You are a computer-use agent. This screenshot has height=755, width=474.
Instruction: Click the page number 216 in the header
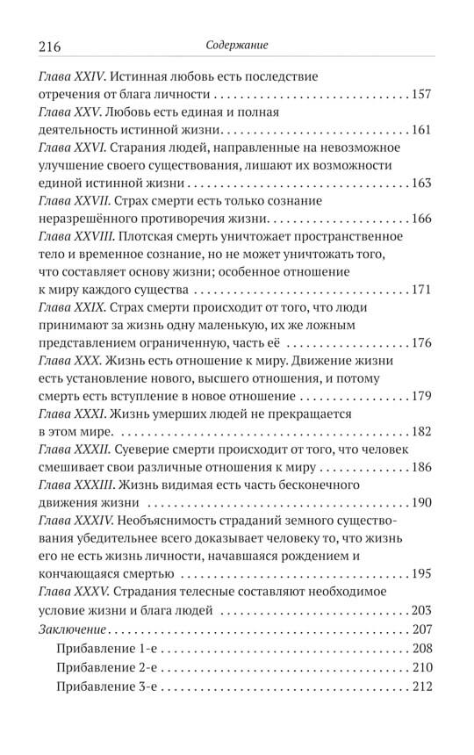click(x=54, y=45)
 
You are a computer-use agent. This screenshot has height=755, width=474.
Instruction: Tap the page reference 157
click(x=421, y=95)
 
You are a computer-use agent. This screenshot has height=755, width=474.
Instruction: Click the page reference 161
click(x=421, y=131)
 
